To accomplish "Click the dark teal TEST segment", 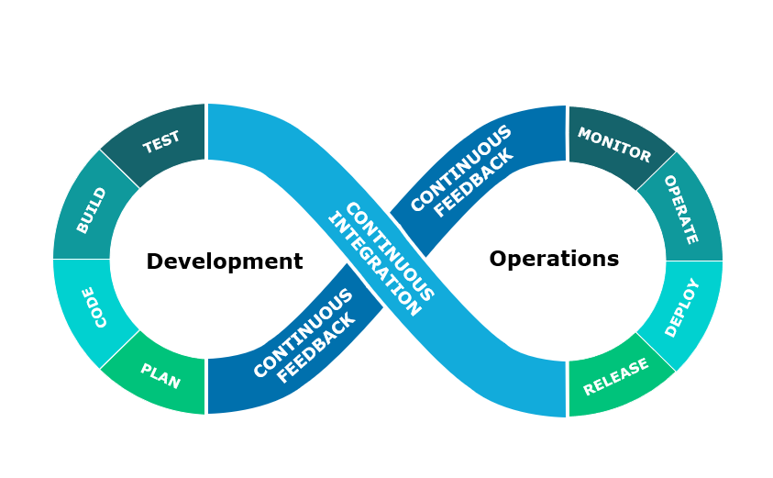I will point(160,142).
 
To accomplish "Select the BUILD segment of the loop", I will point(92,210).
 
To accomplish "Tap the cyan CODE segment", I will point(94,307).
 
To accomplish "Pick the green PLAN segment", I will point(160,376).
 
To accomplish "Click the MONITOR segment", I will point(613,144).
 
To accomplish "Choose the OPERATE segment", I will point(679,209).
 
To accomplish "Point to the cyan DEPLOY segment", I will point(682,307).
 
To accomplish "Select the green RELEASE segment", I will point(615,376).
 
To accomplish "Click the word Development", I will point(224,262).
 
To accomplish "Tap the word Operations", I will point(554,260).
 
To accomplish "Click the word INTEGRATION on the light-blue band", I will point(373,265).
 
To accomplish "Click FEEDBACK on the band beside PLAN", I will point(315,348).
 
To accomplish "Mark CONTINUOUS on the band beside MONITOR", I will point(460,168).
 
